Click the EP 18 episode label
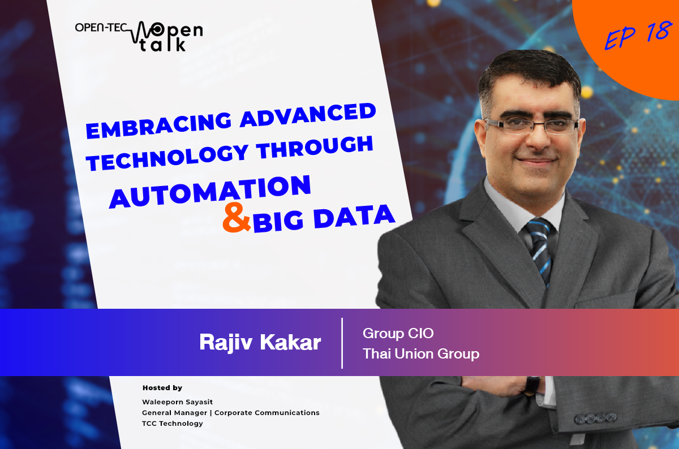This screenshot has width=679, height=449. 637,35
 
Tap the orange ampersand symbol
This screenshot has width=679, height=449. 237,218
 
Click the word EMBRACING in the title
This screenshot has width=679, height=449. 159,125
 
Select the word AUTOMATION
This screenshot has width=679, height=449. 210,192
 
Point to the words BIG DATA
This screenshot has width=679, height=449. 324,218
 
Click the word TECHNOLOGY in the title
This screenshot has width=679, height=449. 167,158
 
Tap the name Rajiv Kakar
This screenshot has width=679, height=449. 260,343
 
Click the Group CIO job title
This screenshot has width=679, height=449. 398,333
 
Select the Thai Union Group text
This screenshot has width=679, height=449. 421,354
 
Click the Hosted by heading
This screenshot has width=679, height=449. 162,388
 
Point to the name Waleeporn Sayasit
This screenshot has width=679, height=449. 177,402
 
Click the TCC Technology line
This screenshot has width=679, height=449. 172,424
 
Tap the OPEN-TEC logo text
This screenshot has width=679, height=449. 101,28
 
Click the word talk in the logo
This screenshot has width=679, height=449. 162,45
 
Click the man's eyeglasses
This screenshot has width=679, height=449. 531,126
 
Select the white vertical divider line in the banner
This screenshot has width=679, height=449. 342,343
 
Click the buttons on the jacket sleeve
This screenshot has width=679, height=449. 596,418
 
